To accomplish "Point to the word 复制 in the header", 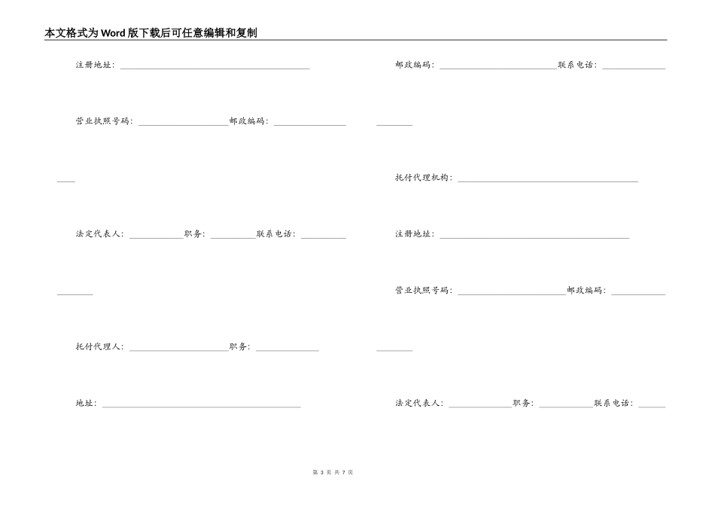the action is click(246, 33).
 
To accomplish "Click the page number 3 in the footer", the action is click(321, 472).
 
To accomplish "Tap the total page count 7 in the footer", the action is click(343, 472).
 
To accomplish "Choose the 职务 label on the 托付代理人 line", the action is click(239, 347).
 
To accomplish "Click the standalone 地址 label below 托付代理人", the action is click(84, 404).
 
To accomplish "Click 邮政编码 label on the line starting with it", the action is click(412, 65).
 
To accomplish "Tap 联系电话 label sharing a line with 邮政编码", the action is click(577, 65).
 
